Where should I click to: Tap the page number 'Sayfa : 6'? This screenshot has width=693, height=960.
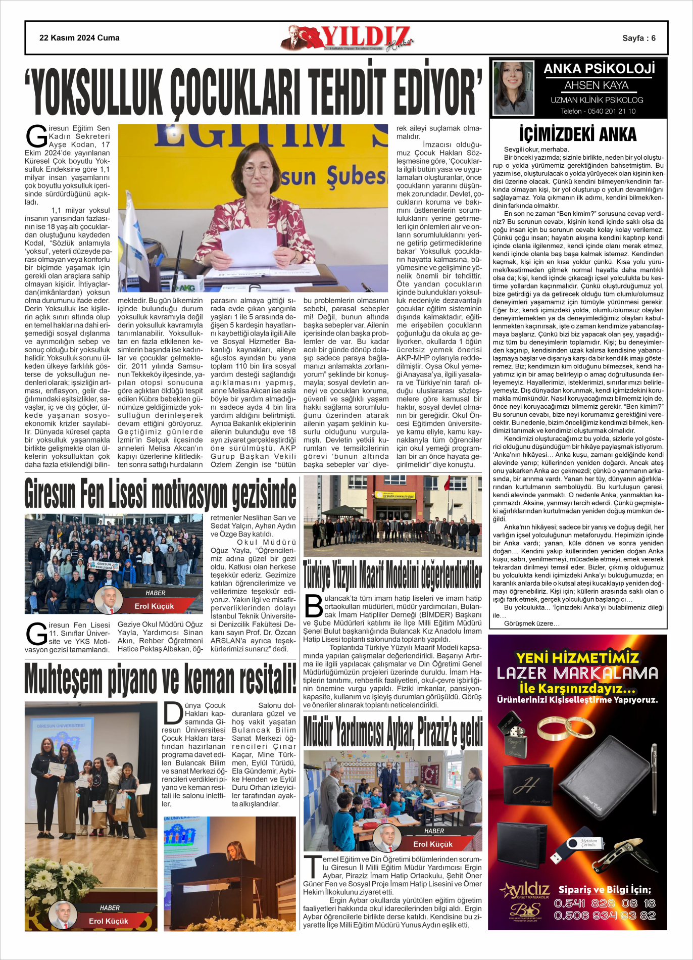638,38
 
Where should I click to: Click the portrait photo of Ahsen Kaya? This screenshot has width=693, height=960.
513,88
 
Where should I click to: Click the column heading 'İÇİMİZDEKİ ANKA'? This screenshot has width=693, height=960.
578,134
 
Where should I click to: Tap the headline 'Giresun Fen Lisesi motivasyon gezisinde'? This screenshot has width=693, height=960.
160,494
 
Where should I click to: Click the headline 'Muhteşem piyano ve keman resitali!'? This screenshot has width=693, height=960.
160,680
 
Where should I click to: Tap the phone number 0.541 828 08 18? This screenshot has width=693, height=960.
605,903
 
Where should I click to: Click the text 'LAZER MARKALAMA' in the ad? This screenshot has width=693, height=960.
577,673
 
